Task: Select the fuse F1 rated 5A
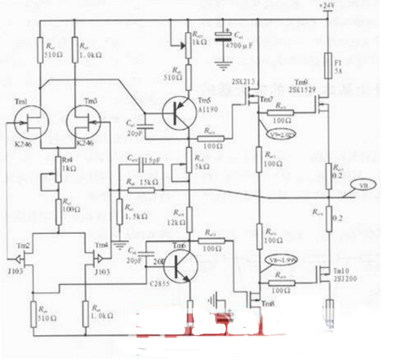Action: pyautogui.click(x=327, y=61)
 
